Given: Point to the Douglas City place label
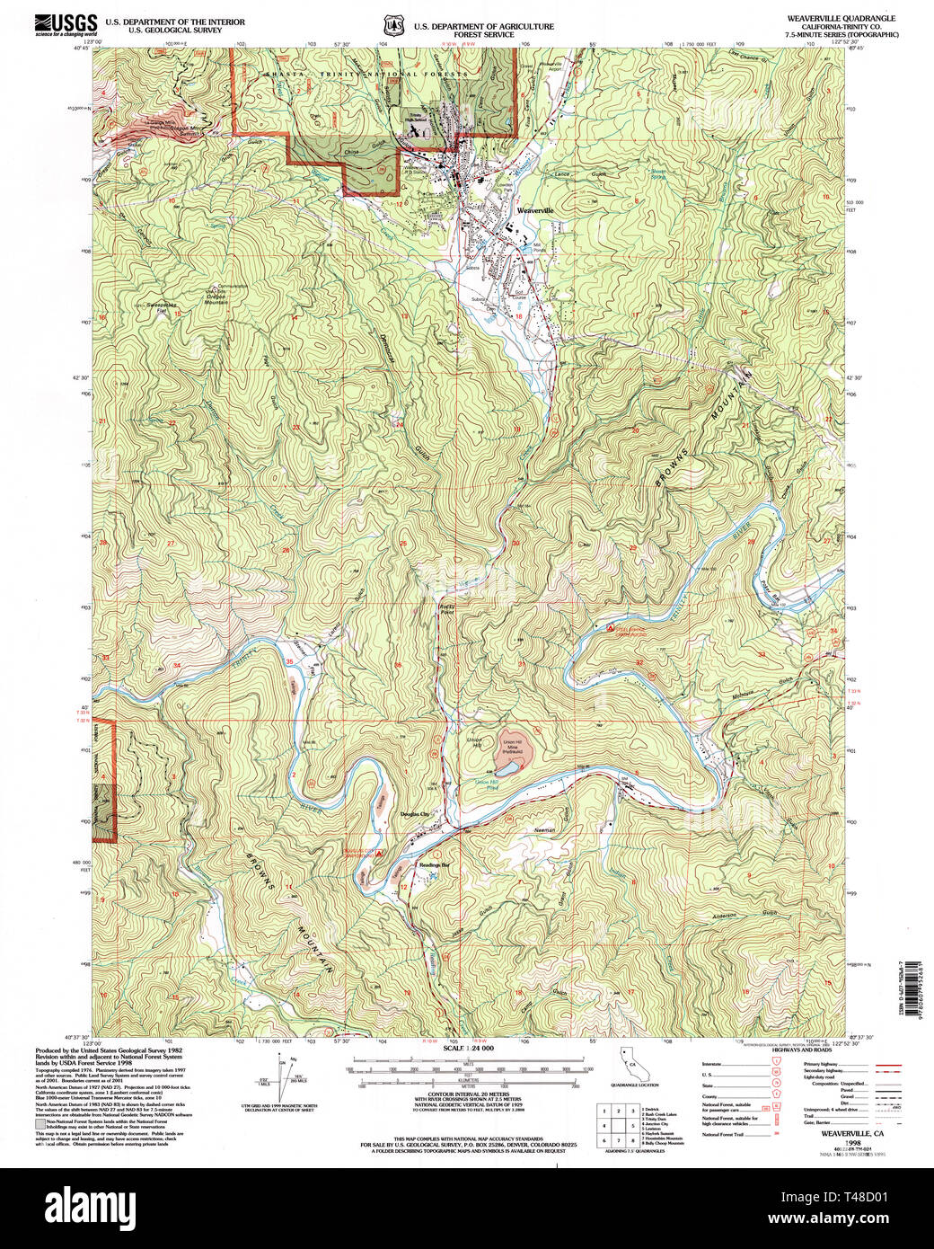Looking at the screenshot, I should [x=414, y=814].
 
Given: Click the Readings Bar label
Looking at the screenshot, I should [x=434, y=864].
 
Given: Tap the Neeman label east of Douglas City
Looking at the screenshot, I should [x=545, y=829].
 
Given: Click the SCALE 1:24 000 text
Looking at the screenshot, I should [x=469, y=1049].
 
